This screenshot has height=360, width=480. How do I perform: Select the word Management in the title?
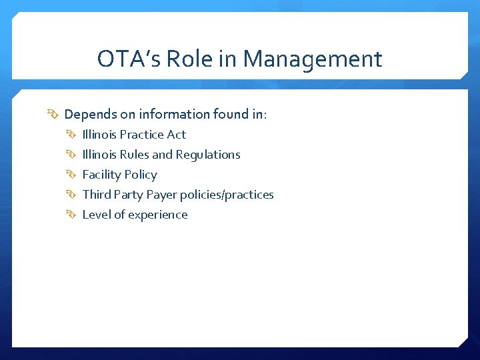pyautogui.click(x=312, y=59)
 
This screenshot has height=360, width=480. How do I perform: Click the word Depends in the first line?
pyautogui.click(x=89, y=115)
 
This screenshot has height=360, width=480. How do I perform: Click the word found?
pyautogui.click(x=231, y=115)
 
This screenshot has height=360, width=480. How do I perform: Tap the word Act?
pyautogui.click(x=177, y=135)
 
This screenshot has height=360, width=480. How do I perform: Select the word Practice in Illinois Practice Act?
pyautogui.click(x=141, y=135)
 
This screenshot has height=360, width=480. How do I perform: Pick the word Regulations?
pyautogui.click(x=208, y=155)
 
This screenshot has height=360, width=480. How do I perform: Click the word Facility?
pyautogui.click(x=101, y=175)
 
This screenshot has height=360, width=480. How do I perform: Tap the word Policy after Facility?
pyautogui.click(x=139, y=175)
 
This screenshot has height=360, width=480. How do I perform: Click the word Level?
pyautogui.click(x=96, y=215)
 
